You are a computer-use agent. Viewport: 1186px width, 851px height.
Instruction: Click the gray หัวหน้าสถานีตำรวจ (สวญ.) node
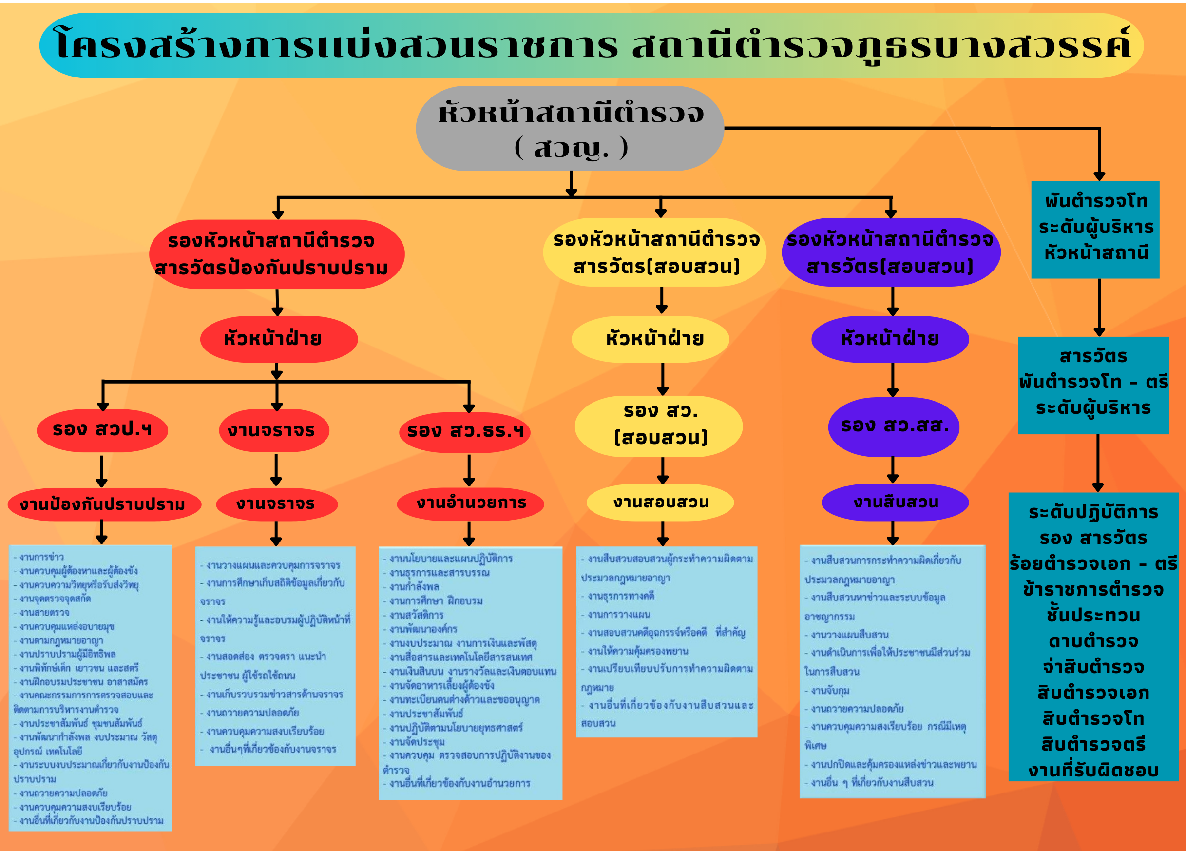coord(570,129)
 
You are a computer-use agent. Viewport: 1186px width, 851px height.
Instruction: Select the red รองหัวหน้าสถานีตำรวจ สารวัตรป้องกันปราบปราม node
coord(277,254)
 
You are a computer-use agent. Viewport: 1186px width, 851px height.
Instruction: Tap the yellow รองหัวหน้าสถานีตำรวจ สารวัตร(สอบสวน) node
coord(655,252)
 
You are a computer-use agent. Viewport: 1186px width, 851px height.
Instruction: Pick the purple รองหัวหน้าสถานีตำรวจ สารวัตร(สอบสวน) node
coord(891,252)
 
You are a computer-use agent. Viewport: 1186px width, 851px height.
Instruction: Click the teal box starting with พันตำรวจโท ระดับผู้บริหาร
coord(1095,229)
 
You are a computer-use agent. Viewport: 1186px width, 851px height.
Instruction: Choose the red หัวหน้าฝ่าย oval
coord(279,339)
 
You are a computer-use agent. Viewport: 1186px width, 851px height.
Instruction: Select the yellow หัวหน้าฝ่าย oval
coord(650,339)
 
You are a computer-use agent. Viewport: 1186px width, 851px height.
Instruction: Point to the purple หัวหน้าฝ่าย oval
coord(890,339)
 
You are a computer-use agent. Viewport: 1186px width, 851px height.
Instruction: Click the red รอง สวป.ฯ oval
coord(102,430)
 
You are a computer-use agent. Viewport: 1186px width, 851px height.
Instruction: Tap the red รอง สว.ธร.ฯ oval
coord(464,431)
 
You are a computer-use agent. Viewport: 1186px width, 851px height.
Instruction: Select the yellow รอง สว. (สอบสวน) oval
coord(658,426)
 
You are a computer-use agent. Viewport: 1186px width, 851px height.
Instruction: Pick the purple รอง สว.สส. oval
coord(894,426)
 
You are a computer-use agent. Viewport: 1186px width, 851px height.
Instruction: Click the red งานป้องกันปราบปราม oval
coord(104,504)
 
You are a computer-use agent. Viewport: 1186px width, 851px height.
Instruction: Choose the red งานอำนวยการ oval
coord(471,503)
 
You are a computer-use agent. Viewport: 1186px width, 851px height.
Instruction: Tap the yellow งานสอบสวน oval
coord(660,502)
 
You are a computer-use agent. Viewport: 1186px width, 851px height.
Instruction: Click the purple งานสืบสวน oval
coord(895,502)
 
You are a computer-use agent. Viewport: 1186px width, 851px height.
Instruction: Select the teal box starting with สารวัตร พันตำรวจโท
coord(1093,385)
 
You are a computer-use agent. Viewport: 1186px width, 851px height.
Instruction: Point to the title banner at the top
coord(591,45)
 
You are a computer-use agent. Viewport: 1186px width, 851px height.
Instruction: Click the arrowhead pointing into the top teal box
coord(1099,176)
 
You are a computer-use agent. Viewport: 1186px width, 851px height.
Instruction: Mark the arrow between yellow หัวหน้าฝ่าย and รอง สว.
coord(663,379)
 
